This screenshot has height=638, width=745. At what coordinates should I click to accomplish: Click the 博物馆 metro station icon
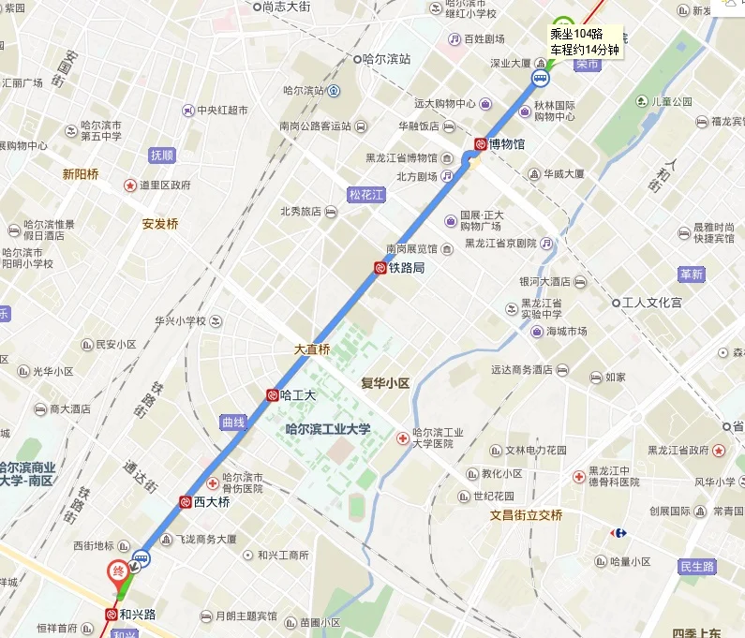(480, 144)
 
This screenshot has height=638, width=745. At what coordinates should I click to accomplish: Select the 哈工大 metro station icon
(272, 395)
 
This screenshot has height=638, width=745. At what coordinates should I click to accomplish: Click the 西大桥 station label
(212, 502)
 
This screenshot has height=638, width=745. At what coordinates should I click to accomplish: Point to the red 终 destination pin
(118, 571)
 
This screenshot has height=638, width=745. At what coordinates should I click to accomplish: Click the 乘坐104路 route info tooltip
(584, 41)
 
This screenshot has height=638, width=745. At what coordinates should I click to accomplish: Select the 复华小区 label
(385, 383)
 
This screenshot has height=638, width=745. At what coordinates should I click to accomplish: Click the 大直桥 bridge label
(312, 349)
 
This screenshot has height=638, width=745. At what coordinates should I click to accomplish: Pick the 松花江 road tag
(366, 195)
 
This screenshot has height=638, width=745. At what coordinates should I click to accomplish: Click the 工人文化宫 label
(652, 303)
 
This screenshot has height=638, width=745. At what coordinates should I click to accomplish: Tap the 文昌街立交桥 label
(525, 514)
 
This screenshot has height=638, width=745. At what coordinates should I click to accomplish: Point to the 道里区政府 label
(165, 185)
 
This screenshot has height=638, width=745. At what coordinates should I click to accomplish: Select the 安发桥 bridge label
(160, 224)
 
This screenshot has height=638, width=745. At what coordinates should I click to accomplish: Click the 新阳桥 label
(81, 173)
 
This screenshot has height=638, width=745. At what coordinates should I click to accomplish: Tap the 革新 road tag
(692, 274)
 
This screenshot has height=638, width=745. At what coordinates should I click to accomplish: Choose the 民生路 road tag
(696, 567)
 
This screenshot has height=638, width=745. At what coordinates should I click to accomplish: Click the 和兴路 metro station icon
(111, 616)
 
